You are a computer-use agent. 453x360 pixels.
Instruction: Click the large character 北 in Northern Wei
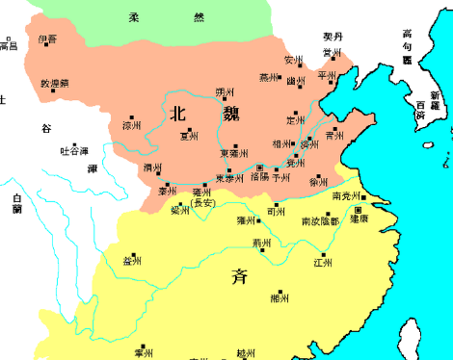pos(177,114)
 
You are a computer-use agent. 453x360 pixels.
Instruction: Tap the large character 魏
pos(230,114)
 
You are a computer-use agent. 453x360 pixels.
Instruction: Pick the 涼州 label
pos(132,126)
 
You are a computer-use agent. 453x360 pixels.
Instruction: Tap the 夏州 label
pos(190,137)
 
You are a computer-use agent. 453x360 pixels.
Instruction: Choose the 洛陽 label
pos(259,177)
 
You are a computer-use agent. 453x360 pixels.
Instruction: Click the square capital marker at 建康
pos(359,209)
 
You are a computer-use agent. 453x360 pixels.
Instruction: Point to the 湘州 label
pos(280,298)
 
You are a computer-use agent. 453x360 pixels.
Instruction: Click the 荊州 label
pos(260,243)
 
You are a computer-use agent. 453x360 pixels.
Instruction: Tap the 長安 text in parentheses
pos(204,203)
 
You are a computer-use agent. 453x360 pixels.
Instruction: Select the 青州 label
pos(335,136)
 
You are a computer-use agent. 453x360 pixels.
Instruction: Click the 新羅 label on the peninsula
pos(435,100)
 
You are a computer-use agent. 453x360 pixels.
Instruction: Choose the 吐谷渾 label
pos(74,151)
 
